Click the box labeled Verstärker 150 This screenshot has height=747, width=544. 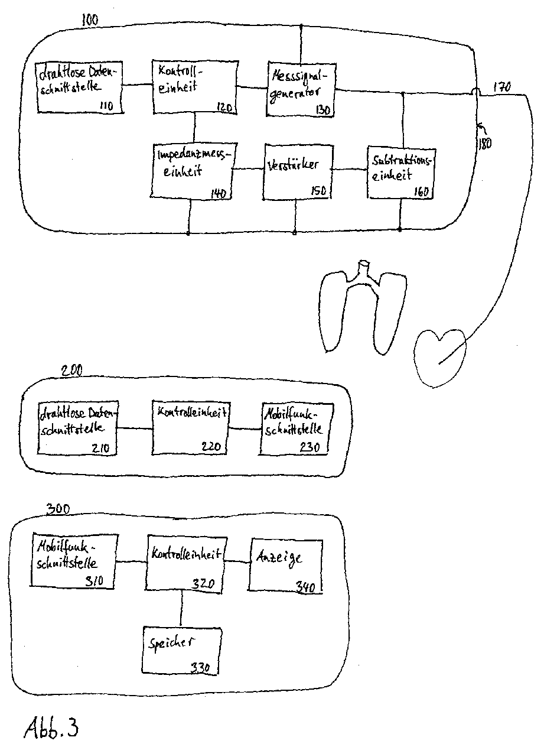(x=295, y=171)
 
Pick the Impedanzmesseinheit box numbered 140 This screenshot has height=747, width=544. (x=190, y=171)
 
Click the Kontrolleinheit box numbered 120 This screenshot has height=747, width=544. (x=194, y=86)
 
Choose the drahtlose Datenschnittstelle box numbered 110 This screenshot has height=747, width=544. (x=78, y=87)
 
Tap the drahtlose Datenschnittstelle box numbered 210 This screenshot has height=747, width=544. (x=77, y=428)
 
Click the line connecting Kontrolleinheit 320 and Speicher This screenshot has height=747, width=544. (x=181, y=609)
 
